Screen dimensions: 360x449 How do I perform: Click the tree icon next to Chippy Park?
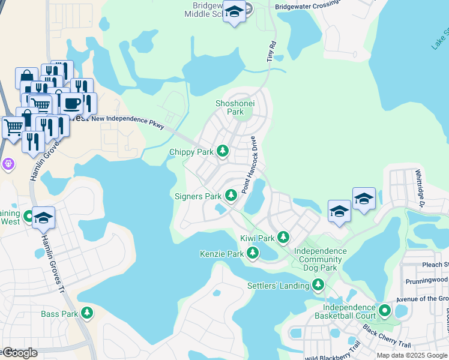tap(223, 151)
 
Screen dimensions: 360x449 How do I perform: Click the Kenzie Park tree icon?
tap(253, 253)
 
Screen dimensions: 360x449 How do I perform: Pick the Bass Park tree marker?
tap(88, 313)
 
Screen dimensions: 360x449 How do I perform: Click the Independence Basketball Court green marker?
tap(385, 311)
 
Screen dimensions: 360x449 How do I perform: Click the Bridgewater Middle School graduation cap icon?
tap(234, 12)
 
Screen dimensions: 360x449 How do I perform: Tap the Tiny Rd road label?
tap(271, 52)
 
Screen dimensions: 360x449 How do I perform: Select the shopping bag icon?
tap(26, 77)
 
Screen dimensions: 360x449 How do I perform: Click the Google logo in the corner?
tap(19, 353)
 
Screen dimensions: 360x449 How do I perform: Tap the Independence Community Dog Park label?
tap(321, 259)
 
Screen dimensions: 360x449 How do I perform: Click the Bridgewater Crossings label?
tap(307, 7)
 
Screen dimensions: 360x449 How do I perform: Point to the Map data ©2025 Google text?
tap(411, 355)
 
